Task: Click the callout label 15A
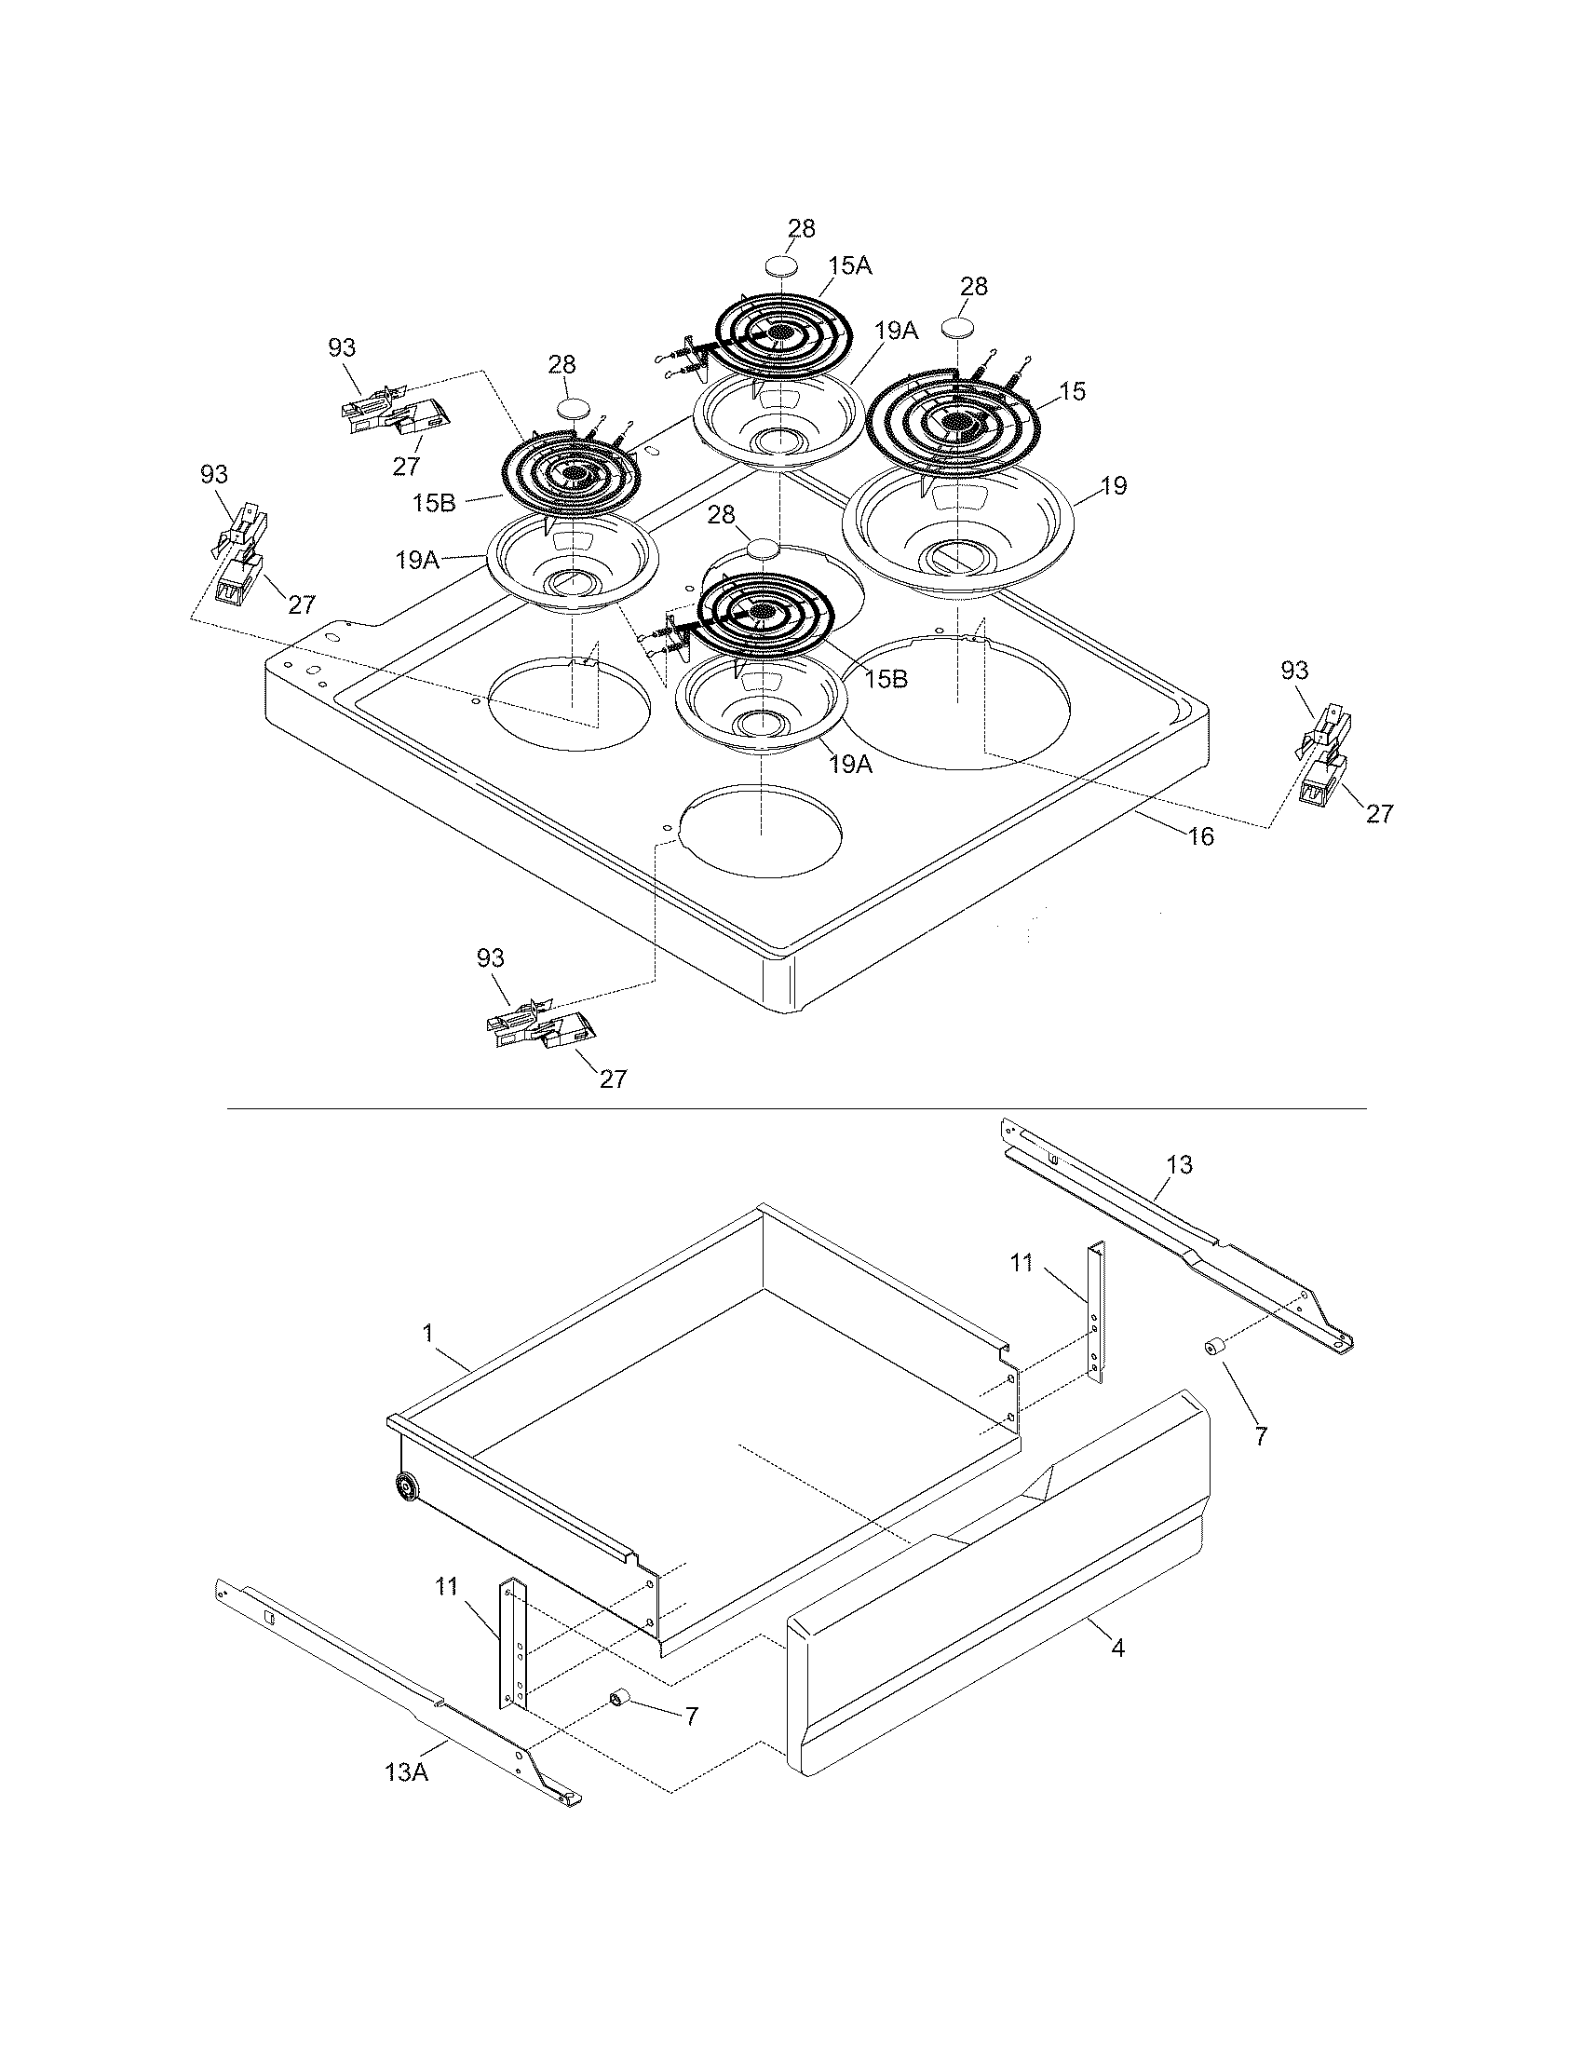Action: (x=849, y=266)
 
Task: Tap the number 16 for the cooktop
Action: (x=1200, y=836)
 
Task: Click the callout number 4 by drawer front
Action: (x=1116, y=1648)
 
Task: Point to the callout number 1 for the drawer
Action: (x=427, y=1332)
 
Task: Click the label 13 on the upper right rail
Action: (x=1179, y=1164)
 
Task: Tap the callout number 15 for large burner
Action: (x=1072, y=391)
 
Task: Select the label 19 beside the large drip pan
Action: (x=1114, y=486)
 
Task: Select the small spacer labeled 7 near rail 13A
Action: (x=620, y=1697)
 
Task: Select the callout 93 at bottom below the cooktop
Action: (x=490, y=957)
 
